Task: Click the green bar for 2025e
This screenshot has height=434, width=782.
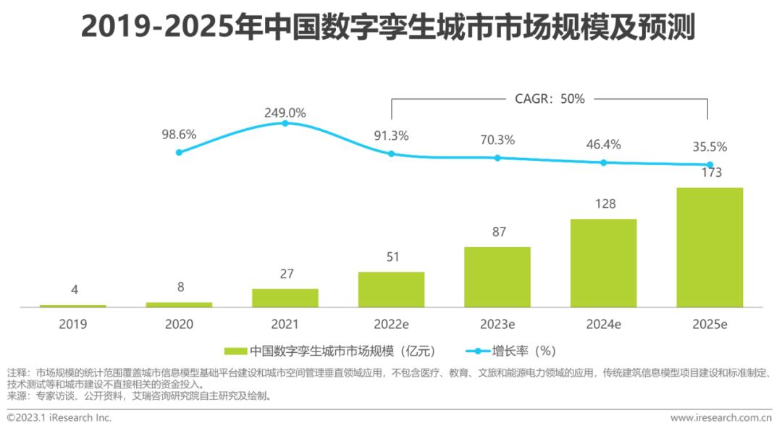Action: point(710,247)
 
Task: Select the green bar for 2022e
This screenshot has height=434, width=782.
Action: point(391,290)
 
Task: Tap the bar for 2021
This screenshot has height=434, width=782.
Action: point(285,298)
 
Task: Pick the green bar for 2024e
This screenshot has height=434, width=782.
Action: point(603,263)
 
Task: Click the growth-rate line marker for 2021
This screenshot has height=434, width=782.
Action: point(285,123)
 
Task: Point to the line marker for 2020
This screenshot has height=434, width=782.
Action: point(179,152)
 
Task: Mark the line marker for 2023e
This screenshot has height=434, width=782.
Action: point(497,158)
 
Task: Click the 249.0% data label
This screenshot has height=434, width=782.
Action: point(285,113)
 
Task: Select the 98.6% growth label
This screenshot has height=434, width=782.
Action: point(179,135)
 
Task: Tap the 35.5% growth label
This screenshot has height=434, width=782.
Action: point(710,147)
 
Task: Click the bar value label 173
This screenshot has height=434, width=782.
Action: point(710,172)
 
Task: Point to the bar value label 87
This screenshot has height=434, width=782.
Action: point(497,232)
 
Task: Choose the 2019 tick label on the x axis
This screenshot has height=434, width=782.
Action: point(72,324)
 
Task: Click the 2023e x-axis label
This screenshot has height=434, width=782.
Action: point(497,324)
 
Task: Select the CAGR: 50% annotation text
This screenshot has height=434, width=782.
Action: point(550,99)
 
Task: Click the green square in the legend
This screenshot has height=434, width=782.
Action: point(235,351)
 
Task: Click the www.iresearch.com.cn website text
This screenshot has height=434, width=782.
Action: point(720,418)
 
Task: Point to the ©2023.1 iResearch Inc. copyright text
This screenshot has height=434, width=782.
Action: point(59,418)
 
